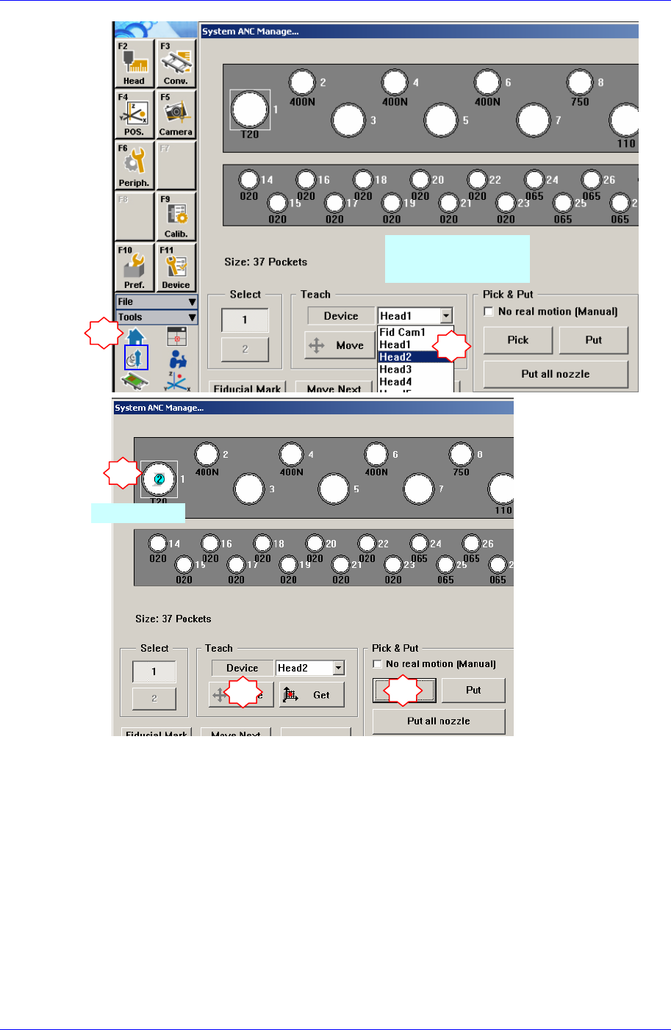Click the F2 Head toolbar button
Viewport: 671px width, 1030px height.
click(x=134, y=63)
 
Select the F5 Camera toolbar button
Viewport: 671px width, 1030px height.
click(x=176, y=115)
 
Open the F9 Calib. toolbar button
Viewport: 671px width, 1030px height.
click(x=176, y=216)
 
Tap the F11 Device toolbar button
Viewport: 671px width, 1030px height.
click(x=176, y=267)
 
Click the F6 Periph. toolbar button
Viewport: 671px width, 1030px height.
click(x=134, y=165)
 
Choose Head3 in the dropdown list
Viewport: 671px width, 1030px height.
click(x=395, y=370)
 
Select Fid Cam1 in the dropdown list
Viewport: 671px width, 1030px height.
click(x=402, y=332)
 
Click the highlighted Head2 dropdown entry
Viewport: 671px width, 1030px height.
click(x=395, y=357)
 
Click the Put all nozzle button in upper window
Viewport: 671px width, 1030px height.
click(x=556, y=374)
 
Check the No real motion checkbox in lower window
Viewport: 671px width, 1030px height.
click(x=378, y=664)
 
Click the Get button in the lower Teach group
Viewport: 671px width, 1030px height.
click(x=312, y=695)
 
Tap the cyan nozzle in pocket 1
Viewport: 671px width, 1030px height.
click(x=159, y=479)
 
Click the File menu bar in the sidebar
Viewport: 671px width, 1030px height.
click(x=157, y=302)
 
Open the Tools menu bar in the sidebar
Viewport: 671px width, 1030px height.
click(x=157, y=317)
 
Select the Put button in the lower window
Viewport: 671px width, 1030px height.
click(x=473, y=691)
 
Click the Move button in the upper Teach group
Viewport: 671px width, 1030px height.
click(x=340, y=345)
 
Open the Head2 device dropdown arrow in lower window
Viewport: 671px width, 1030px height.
click(x=339, y=668)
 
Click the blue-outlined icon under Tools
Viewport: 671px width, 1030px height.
click(x=136, y=358)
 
